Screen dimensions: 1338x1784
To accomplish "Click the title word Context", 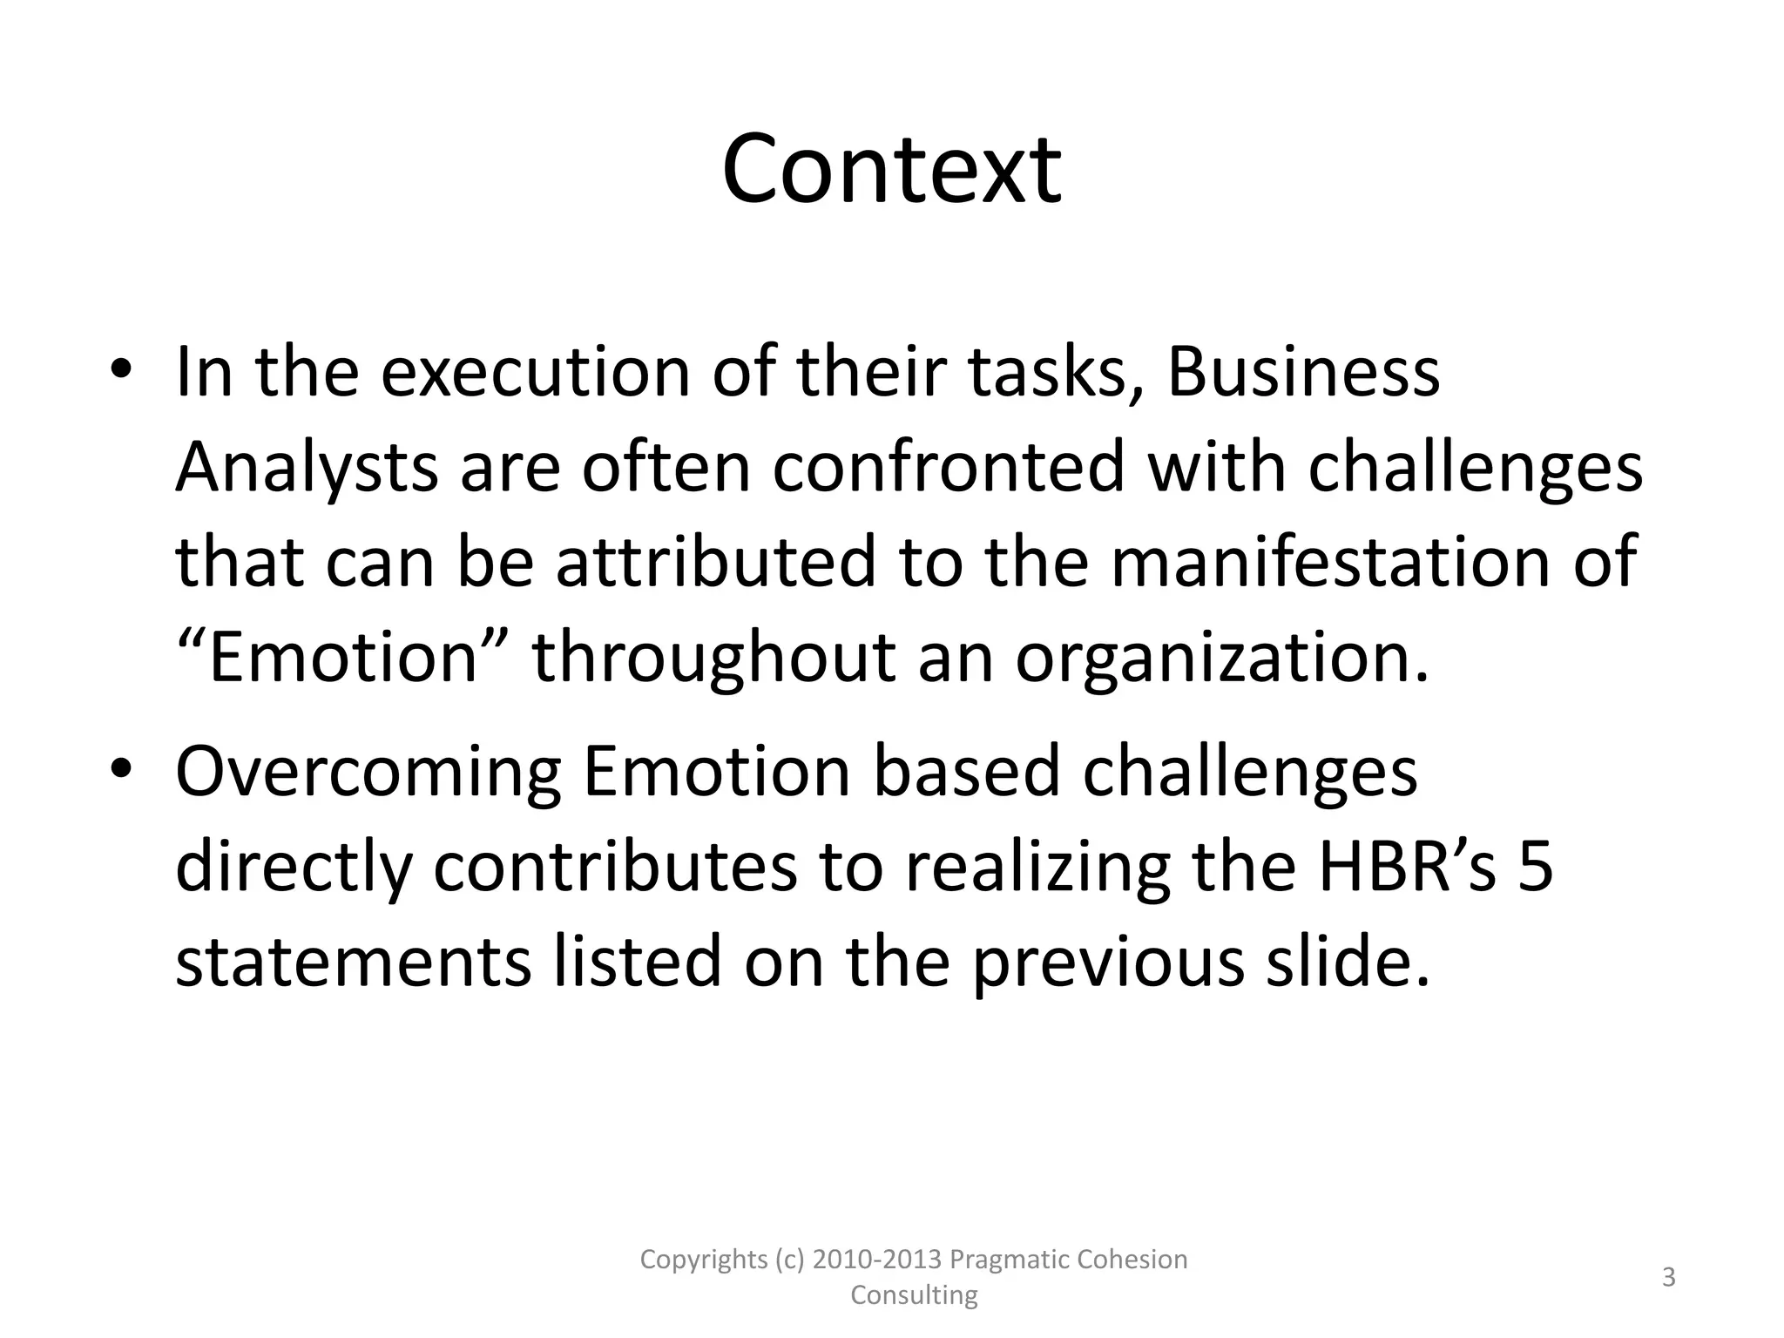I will [891, 170].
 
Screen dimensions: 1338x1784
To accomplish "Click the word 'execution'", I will [536, 372].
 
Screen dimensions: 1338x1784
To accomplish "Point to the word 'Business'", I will [1303, 372].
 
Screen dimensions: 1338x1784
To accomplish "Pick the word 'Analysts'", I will [307, 468].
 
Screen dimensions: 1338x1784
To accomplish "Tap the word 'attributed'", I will [715, 562].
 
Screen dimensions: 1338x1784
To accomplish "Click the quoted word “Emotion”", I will [342, 656].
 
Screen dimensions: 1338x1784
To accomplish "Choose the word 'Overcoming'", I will [368, 773].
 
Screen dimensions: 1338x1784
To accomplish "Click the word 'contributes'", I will [615, 867].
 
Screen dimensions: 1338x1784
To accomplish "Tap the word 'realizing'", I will [1038, 868].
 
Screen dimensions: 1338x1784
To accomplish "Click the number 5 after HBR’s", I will [1536, 867].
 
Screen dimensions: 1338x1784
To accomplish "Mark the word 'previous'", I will [1108, 963].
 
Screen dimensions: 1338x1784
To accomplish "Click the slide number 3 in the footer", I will [1669, 1278].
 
